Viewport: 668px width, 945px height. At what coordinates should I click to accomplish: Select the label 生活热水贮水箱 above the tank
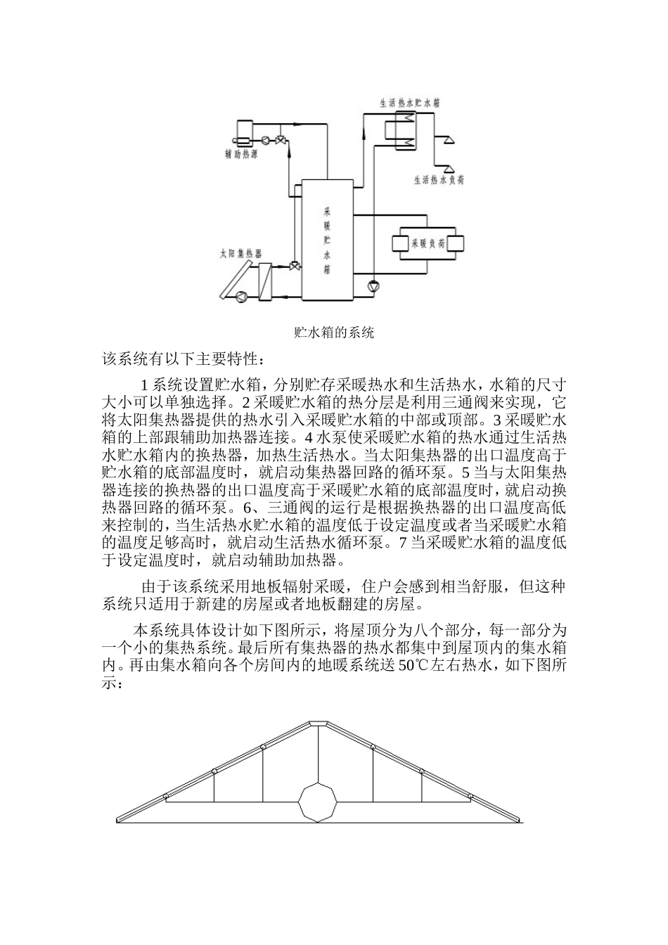pos(410,102)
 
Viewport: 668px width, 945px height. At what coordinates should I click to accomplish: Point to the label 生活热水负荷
pos(438,180)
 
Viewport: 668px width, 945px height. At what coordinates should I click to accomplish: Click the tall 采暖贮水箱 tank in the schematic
pos(327,239)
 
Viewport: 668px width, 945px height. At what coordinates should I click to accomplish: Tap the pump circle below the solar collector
pos(241,296)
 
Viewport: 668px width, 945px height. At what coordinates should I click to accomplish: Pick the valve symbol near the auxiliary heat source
pos(281,139)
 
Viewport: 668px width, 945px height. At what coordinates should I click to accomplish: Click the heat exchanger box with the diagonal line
pos(265,281)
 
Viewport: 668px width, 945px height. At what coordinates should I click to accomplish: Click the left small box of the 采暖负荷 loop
pos(401,244)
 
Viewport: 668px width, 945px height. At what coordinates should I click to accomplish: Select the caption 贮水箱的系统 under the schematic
pos(333,332)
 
